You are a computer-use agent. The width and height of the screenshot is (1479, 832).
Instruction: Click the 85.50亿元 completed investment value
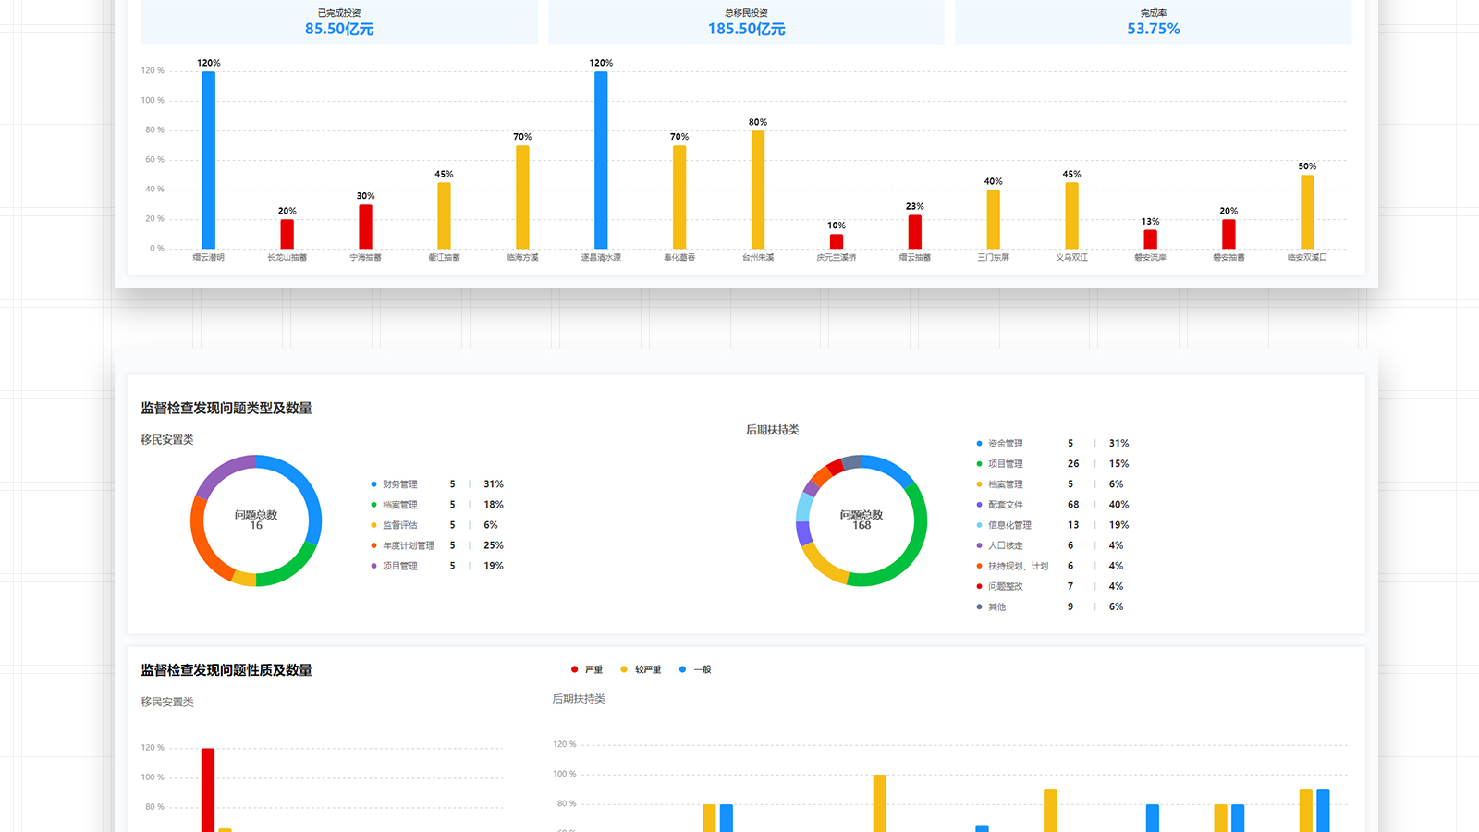[339, 29]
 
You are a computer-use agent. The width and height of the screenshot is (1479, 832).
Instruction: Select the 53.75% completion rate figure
[1153, 29]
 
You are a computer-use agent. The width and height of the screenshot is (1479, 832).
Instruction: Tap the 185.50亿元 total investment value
[746, 29]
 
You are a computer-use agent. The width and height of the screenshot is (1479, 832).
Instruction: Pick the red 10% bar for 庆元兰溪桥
[837, 241]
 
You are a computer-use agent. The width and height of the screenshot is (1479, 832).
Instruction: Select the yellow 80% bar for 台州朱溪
[758, 190]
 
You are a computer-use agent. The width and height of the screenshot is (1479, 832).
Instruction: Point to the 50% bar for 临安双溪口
[1307, 212]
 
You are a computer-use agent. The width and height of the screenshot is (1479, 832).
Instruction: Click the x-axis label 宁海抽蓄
[365, 258]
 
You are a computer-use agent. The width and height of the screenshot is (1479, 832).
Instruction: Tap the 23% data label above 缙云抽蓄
[914, 206]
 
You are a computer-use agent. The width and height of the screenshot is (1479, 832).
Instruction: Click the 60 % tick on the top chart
[154, 160]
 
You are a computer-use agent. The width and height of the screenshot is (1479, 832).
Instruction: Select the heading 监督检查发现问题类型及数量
[226, 409]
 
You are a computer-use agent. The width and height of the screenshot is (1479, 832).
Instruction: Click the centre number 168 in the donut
[862, 526]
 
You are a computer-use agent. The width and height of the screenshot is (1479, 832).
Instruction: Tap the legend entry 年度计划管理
[408, 545]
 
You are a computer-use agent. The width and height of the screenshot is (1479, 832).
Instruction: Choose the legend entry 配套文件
[1005, 505]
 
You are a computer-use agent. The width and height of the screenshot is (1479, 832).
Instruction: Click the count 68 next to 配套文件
[1073, 505]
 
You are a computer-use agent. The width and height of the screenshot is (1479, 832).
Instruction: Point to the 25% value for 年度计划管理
[494, 545]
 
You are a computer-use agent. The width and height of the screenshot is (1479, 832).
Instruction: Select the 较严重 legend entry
[647, 669]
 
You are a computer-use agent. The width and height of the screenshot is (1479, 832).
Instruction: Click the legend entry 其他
[996, 607]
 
